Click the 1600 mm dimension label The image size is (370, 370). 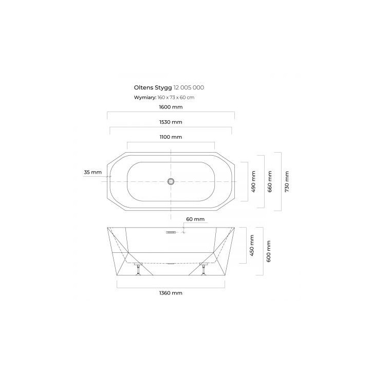171,107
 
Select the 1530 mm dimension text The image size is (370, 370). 171,122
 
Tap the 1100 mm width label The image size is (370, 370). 171,137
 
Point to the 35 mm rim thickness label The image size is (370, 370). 92,172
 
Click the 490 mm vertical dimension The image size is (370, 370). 253,181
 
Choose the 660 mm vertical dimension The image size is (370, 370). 270,181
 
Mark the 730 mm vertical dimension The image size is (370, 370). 287,181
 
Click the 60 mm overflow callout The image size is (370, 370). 195,219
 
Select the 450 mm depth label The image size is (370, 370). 252,246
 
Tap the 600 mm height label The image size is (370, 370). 268,251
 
